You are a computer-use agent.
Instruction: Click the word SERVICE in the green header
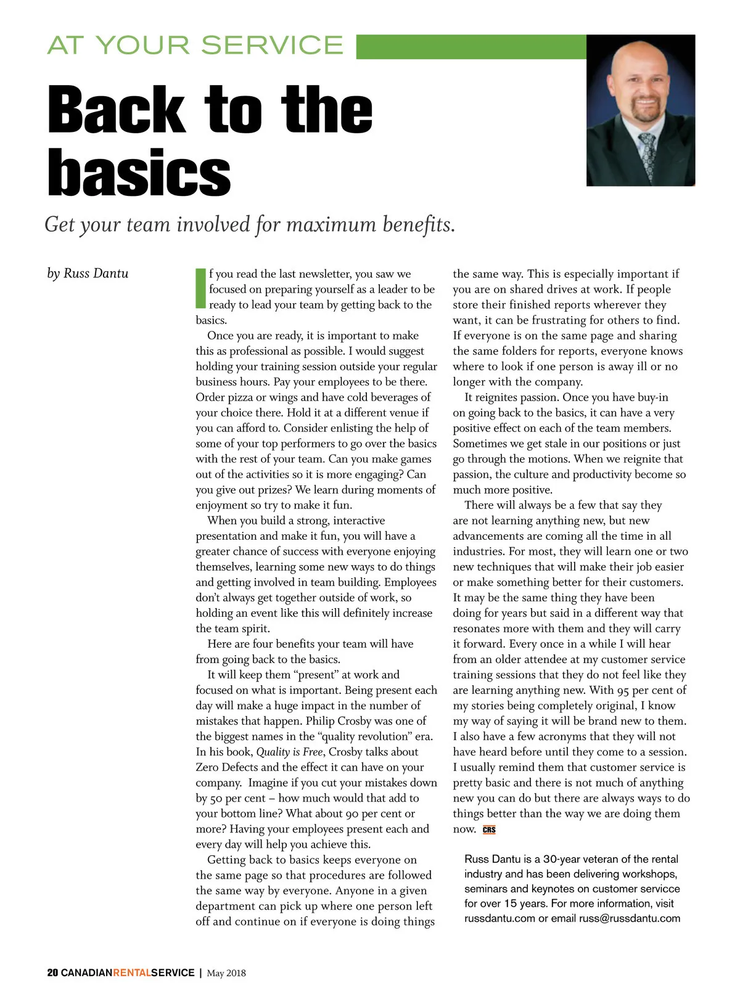tap(272, 46)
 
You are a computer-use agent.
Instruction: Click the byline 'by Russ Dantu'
tap(88, 273)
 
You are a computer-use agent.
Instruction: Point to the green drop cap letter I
tap(200, 288)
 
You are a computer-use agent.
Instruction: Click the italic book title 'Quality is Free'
tap(289, 752)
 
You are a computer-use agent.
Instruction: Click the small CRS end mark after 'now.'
tap(489, 830)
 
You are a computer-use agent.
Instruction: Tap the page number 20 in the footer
tap(52, 973)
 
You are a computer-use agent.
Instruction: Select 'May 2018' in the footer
tap(226, 973)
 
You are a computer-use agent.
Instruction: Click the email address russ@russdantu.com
tap(630, 918)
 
